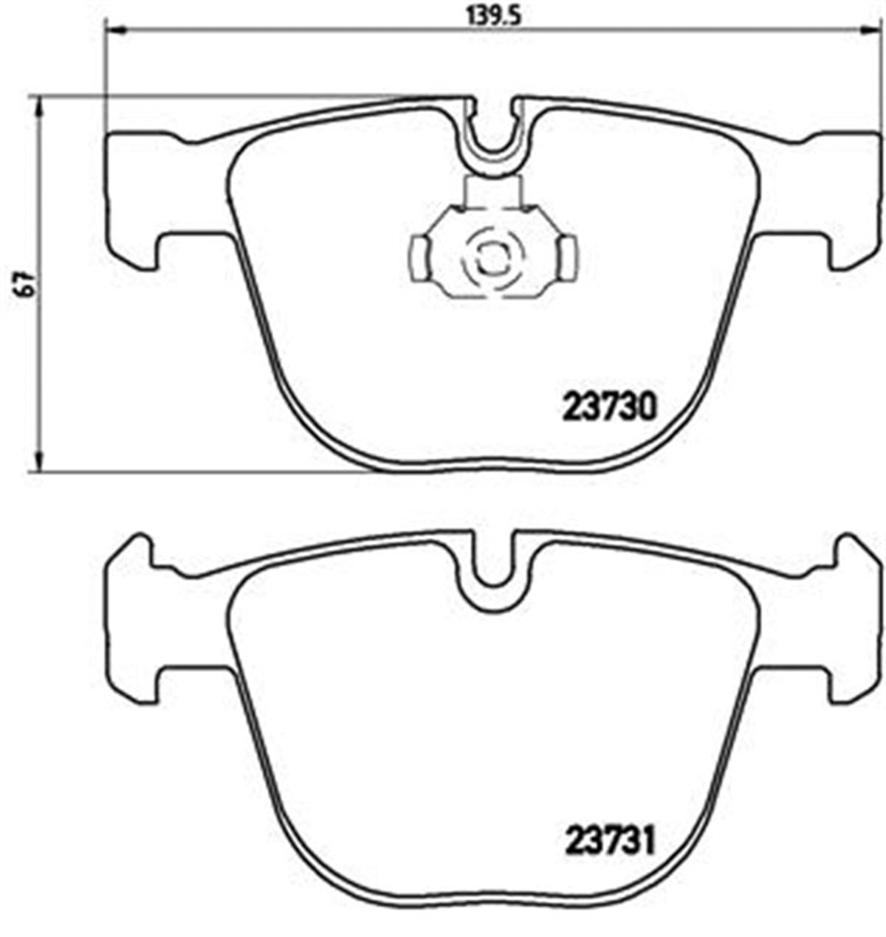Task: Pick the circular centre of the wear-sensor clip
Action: pos(490,258)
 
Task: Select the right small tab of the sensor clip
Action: pos(568,257)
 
